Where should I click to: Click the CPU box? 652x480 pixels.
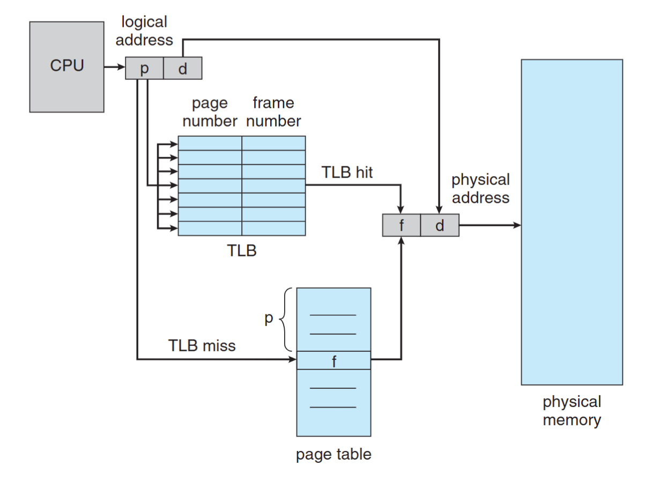[x=66, y=67]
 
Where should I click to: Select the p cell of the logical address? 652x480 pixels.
[x=144, y=69]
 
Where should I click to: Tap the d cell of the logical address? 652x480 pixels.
[x=182, y=69]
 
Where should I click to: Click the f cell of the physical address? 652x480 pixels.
[x=401, y=225]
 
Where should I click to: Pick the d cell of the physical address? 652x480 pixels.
[x=440, y=225]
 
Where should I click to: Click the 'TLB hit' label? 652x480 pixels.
[x=347, y=172]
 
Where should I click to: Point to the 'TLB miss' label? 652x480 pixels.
[x=202, y=346]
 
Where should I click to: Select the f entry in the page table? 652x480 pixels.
[x=334, y=360]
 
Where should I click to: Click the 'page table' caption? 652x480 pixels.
[x=334, y=455]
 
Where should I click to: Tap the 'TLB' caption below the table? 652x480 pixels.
[x=241, y=250]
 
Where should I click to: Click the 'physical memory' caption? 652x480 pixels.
[x=572, y=410]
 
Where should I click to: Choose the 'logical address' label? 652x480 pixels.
[x=144, y=31]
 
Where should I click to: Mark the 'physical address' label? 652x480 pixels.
[x=480, y=188]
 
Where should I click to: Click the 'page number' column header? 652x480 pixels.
[x=210, y=112]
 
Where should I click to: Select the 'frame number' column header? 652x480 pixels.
[x=273, y=112]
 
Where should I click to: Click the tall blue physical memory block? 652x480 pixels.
[x=572, y=221]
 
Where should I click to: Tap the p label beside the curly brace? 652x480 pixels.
[x=269, y=318]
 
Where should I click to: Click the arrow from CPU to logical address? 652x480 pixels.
[x=114, y=68]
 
